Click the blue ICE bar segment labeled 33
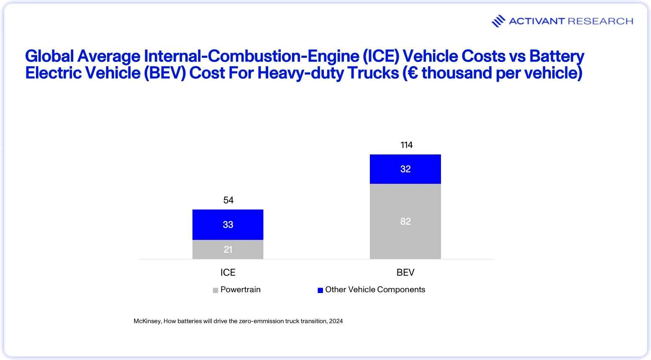click(228, 224)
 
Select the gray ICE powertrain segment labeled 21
click(228, 249)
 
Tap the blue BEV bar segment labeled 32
click(405, 169)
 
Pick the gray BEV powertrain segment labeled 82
click(405, 221)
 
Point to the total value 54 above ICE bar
click(228, 200)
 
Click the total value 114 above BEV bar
click(406, 145)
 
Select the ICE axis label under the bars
click(228, 273)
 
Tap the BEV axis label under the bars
click(405, 273)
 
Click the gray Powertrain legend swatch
click(215, 290)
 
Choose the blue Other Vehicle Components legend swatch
click(320, 290)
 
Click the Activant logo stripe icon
click(498, 21)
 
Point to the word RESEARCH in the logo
click(600, 21)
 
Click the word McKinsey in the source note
click(147, 321)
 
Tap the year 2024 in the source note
click(336, 321)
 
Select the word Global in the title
click(49, 56)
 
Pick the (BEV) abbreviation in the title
click(165, 73)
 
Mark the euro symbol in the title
click(413, 73)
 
